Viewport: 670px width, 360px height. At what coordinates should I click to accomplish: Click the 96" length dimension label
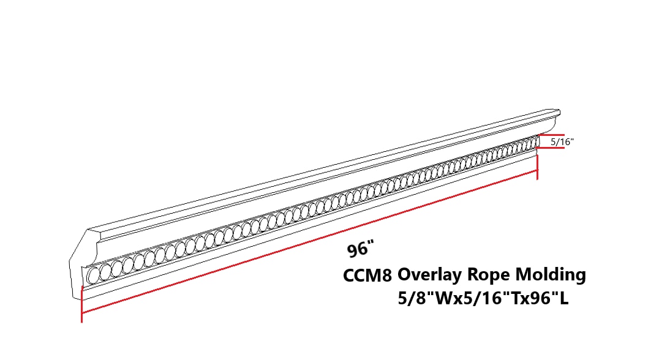[x=360, y=249]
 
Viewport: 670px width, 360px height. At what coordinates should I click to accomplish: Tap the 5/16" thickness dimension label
[x=562, y=142]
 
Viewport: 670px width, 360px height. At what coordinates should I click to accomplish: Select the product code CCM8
[x=367, y=276]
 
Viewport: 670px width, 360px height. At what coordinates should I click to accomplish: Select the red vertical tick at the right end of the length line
[x=537, y=166]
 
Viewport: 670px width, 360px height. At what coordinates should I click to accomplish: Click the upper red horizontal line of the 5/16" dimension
[x=551, y=135]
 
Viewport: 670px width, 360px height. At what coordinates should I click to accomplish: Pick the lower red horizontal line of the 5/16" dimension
[x=551, y=149]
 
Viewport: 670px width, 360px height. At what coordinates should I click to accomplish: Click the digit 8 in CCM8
[x=386, y=276]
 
